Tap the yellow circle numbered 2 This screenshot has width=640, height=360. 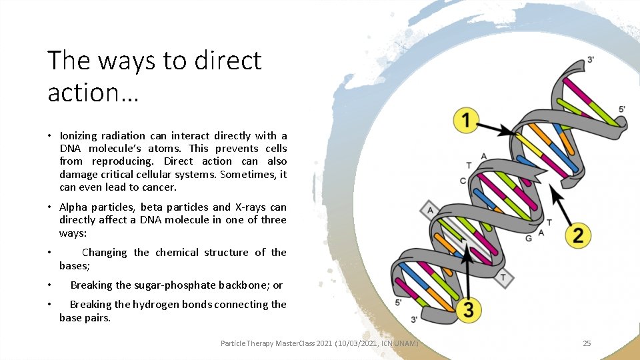(577, 234)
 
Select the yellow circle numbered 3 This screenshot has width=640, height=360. (469, 309)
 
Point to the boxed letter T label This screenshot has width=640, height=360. (503, 277)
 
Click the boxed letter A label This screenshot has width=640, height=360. (430, 211)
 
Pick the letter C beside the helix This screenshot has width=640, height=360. (463, 181)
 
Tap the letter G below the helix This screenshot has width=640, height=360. (529, 237)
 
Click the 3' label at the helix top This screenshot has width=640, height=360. (591, 59)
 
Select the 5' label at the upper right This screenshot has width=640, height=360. (621, 109)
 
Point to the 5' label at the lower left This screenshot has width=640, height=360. (399, 302)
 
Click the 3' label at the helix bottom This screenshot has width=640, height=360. (415, 320)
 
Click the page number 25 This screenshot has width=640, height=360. (587, 343)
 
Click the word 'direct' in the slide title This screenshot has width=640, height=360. (228, 61)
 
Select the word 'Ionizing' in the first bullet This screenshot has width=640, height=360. (80, 135)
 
